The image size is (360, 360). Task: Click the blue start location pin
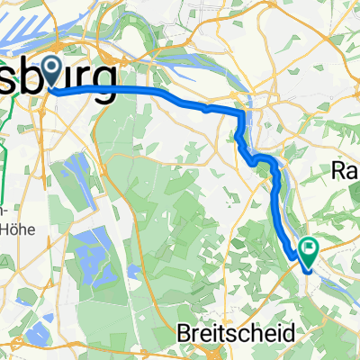tap(56, 69)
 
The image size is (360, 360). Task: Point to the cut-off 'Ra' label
tap(346, 170)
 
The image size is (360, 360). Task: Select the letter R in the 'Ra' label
tap(339, 170)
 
